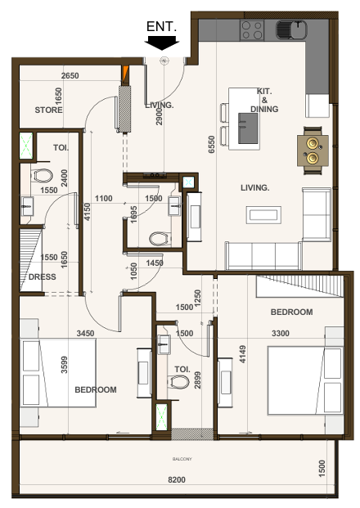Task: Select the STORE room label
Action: [x=49, y=110]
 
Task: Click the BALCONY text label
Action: [x=182, y=459]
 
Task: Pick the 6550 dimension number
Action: [x=212, y=145]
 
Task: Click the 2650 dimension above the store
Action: [x=70, y=76]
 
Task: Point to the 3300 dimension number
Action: [x=281, y=333]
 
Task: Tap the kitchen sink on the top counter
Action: [x=290, y=31]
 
